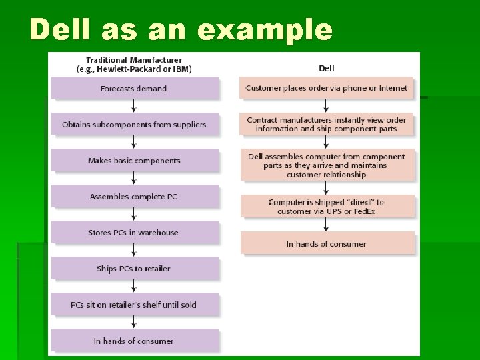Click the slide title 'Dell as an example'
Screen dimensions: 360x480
click(181, 30)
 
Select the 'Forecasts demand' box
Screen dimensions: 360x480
click(134, 89)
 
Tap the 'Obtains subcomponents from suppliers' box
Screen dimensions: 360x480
click(134, 125)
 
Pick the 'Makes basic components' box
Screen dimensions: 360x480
click(134, 161)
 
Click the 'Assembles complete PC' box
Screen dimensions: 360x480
click(134, 197)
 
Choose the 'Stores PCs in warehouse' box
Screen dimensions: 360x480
click(134, 233)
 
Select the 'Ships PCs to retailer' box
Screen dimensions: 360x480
click(134, 269)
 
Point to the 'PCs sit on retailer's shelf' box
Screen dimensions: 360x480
click(134, 305)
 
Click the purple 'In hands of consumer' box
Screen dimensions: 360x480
click(134, 341)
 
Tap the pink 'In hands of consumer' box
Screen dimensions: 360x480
click(327, 243)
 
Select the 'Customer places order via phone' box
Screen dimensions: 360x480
click(327, 88)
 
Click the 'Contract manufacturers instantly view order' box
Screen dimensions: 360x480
click(327, 125)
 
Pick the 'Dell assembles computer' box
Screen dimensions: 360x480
click(327, 165)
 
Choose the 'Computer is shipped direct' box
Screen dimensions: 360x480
click(327, 207)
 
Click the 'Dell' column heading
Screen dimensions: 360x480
click(327, 68)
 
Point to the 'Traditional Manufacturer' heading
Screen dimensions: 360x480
click(134, 63)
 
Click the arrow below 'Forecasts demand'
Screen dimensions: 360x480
click(134, 106)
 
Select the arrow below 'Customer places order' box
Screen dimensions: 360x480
click(327, 105)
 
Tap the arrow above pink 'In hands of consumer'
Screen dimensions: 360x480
click(327, 225)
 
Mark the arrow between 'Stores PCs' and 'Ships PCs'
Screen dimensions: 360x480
click(134, 250)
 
